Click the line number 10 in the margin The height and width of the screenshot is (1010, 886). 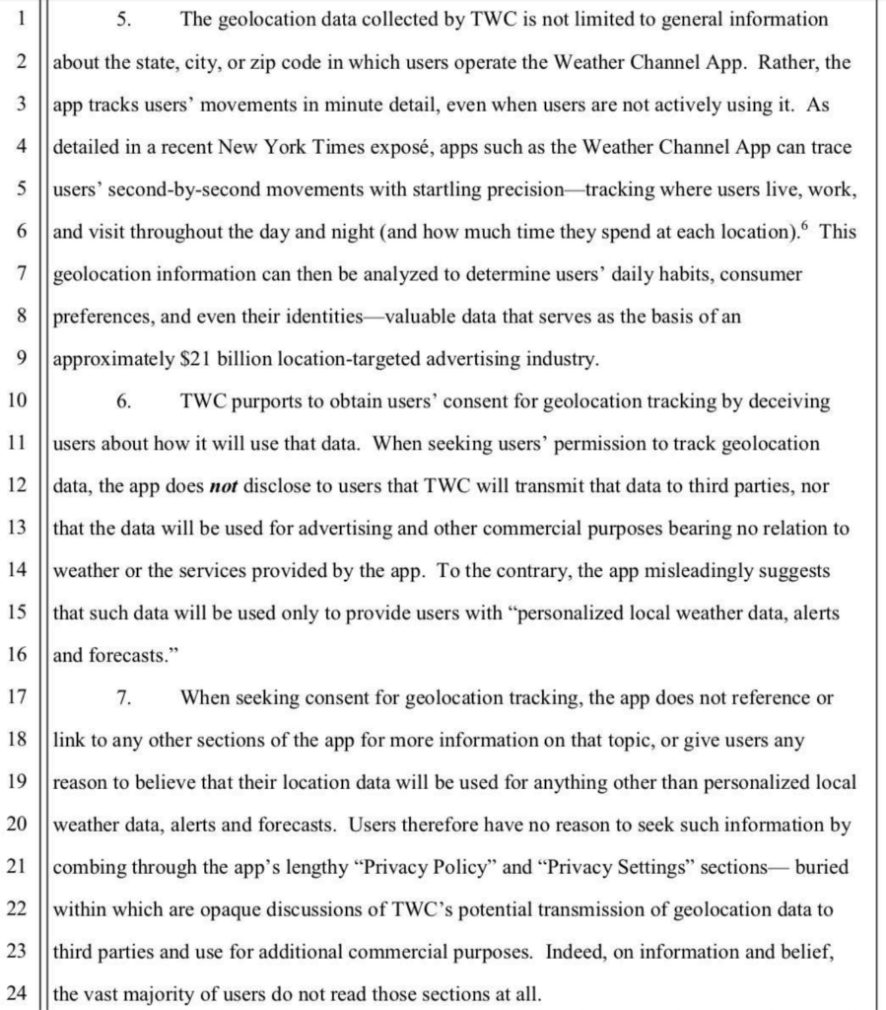(18, 401)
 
